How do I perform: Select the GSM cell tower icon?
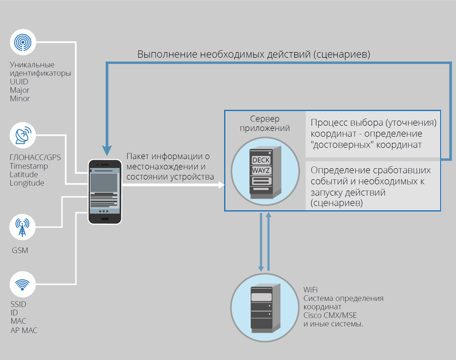pos(23,228)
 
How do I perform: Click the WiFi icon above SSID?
pos(23,285)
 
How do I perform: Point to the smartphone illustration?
pos(105,191)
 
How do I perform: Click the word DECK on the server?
pos(261,161)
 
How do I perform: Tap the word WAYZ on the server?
pos(261,171)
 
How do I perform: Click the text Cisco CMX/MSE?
pos(330,315)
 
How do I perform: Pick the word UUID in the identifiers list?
pos(19,81)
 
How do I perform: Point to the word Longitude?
pos(27,183)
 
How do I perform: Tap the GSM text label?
pos(20,251)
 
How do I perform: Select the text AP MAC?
pos(24,330)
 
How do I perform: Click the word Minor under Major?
pos(20,99)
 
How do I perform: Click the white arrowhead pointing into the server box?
pos(221,185)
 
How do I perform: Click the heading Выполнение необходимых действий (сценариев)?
pos(254,55)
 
